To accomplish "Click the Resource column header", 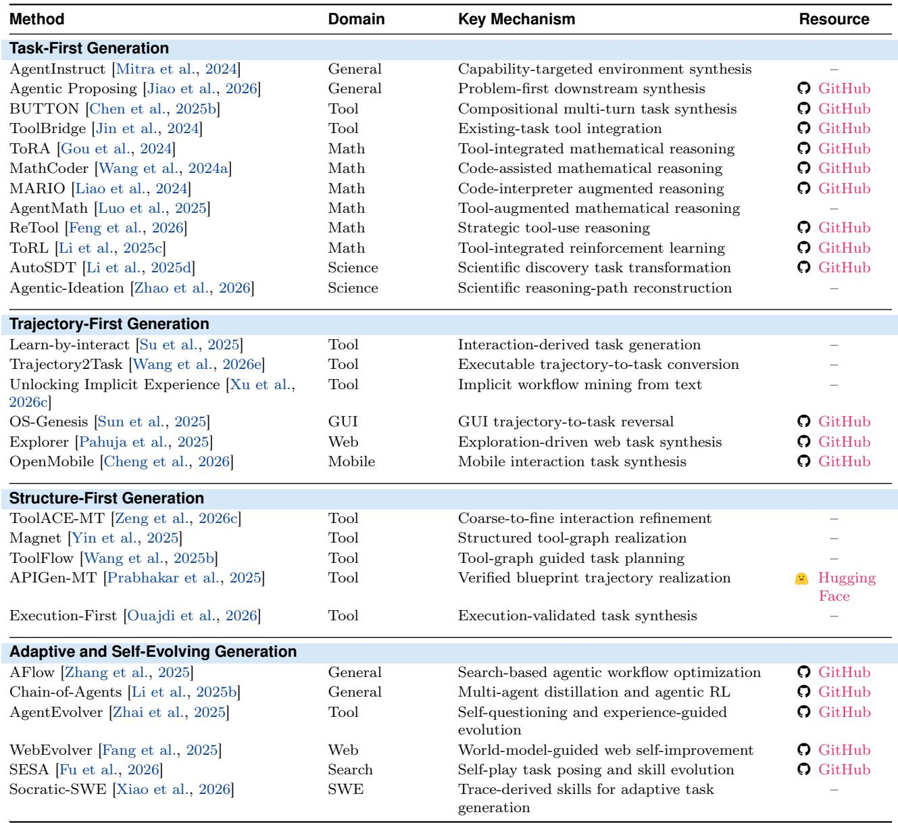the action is [x=834, y=19].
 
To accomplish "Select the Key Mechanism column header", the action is [x=517, y=19].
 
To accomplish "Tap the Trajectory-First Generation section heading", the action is [x=109, y=324].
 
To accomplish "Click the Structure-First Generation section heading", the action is [x=107, y=498].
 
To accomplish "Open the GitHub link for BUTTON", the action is [x=844, y=108].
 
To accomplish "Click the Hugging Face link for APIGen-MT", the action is [x=847, y=587].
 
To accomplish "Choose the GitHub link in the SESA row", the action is [x=844, y=769].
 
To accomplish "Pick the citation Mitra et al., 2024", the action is [x=176, y=69].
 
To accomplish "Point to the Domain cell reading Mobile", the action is [x=351, y=462].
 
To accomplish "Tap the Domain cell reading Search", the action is [x=351, y=770].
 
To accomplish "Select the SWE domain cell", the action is [x=345, y=789].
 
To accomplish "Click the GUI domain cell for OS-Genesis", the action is [x=343, y=422].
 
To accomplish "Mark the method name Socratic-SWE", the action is [x=58, y=789].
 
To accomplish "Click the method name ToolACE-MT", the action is [x=57, y=518].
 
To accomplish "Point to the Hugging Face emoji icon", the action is [x=801, y=579].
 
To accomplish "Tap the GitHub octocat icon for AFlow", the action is [x=803, y=672].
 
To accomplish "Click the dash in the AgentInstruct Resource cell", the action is [x=834, y=70].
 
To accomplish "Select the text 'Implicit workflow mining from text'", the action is [x=580, y=384].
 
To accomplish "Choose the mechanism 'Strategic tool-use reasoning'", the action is [x=554, y=228].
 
